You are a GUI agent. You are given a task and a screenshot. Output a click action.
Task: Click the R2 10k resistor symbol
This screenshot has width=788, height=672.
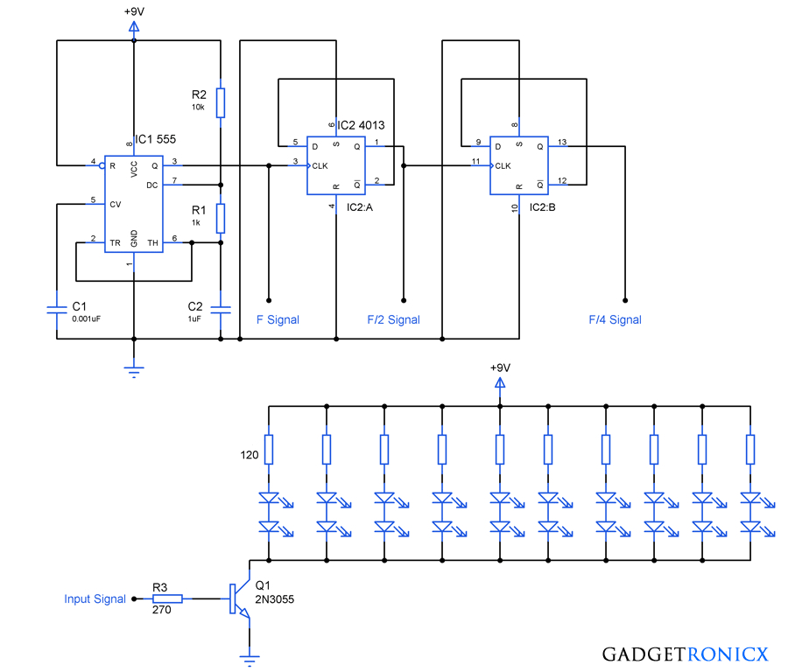[x=221, y=102]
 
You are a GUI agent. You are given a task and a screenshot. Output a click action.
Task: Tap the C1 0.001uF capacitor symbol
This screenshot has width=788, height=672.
[x=57, y=309]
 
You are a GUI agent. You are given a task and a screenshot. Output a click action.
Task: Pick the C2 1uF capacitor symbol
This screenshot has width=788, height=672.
[x=221, y=309]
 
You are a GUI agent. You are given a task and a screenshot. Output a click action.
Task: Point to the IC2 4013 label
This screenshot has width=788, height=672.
[x=361, y=126]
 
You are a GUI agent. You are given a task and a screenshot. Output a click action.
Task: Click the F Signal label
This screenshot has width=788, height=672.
[x=277, y=319]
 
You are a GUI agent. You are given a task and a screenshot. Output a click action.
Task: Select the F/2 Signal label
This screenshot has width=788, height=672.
[x=393, y=319]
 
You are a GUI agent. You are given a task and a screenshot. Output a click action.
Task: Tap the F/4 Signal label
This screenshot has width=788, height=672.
[x=615, y=319]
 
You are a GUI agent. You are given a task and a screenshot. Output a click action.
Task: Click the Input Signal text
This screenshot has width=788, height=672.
[x=95, y=599]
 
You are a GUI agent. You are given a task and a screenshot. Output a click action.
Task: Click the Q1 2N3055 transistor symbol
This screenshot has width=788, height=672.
[x=239, y=599]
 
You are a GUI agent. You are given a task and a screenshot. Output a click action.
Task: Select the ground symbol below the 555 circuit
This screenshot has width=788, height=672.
[x=134, y=371]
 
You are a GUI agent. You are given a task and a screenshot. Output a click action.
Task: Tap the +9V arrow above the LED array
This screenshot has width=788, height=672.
[x=500, y=383]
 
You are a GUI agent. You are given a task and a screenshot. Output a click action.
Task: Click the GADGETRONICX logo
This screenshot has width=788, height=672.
[x=685, y=654]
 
